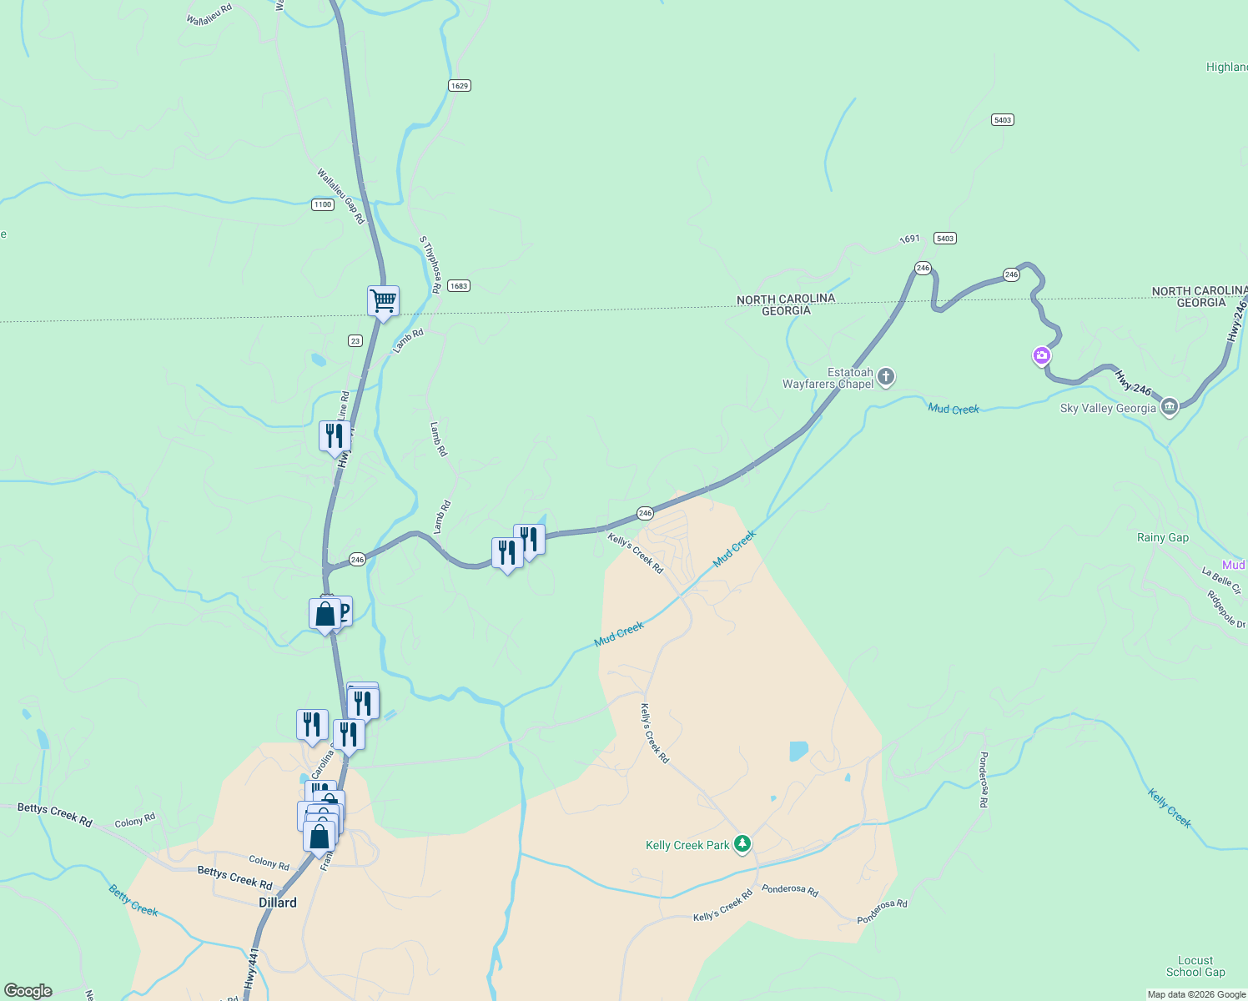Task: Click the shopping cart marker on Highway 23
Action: click(x=383, y=300)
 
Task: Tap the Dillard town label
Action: click(x=278, y=903)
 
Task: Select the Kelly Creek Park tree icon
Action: click(x=742, y=844)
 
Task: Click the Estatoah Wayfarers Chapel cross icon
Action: click(x=886, y=377)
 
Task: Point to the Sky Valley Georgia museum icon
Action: click(x=1169, y=407)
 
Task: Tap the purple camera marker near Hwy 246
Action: click(x=1042, y=356)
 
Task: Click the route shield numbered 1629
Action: click(x=459, y=85)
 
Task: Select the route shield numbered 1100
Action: click(x=323, y=204)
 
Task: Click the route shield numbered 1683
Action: click(x=458, y=285)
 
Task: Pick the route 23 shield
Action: click(x=355, y=340)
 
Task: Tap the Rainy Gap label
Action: click(x=1162, y=537)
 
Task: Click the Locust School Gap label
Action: click(x=1195, y=966)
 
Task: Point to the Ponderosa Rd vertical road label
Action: click(x=984, y=779)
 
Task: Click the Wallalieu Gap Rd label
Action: click(x=340, y=196)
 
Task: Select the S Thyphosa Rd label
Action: click(x=430, y=264)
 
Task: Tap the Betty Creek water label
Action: click(x=133, y=900)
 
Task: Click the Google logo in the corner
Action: click(x=28, y=991)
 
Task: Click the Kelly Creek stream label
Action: click(x=1170, y=807)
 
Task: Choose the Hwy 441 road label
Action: click(x=252, y=969)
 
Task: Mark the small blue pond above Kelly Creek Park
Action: click(x=798, y=751)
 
